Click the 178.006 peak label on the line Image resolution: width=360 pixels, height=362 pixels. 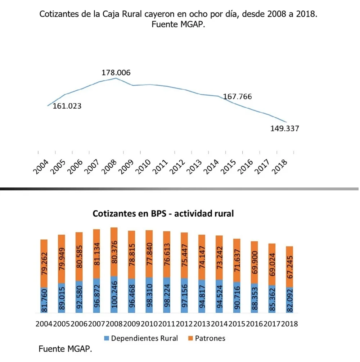(116, 73)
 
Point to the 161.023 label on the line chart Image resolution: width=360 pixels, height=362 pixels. (67, 106)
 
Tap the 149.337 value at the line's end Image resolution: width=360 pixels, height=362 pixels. (284, 128)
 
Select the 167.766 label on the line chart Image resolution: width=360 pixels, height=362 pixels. (238, 97)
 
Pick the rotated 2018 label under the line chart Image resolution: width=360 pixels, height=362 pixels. (281, 167)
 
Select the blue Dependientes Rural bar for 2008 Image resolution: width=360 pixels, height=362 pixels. (114, 294)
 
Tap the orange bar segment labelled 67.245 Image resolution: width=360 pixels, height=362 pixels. (289, 267)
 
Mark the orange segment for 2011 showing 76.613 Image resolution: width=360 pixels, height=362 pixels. (167, 254)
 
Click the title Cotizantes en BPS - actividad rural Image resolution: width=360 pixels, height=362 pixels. (163, 213)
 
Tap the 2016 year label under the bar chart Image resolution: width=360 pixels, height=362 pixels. (255, 324)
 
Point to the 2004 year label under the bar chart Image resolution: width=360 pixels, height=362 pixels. (44, 324)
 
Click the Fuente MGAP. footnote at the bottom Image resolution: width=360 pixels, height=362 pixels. (65, 349)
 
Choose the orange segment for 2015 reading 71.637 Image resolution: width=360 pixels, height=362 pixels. (237, 260)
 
